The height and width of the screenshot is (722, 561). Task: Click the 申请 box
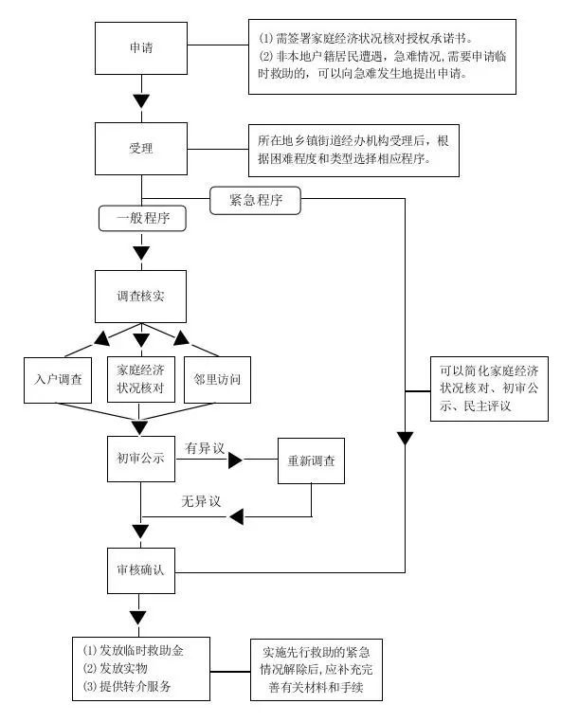[x=141, y=45]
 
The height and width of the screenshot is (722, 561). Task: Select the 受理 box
[x=141, y=150]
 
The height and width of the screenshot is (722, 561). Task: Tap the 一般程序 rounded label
[x=142, y=218]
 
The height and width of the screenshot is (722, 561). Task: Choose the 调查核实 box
[x=141, y=296]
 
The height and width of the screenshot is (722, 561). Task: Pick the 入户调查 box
[x=57, y=379]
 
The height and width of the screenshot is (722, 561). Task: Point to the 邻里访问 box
[x=217, y=379]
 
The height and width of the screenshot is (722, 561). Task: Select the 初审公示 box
[x=141, y=460]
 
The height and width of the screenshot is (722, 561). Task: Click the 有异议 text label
[x=204, y=446]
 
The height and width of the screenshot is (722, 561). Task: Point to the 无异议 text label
[x=201, y=500]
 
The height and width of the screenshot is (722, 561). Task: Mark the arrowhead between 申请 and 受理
[x=141, y=99]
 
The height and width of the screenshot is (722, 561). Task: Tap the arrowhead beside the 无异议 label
[x=237, y=516]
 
